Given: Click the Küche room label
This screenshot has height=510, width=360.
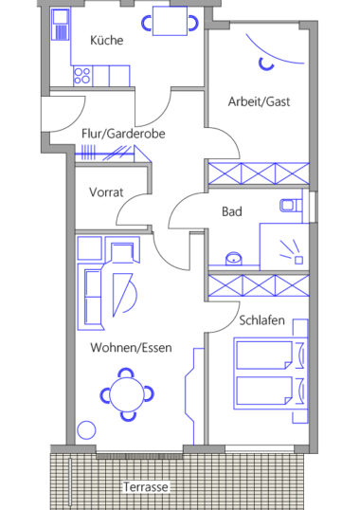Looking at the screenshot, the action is pyautogui.click(x=106, y=41).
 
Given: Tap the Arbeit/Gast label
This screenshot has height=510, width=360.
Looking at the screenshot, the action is pyautogui.click(x=259, y=101).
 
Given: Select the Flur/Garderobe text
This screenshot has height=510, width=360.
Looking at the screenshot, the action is pyautogui.click(x=123, y=134).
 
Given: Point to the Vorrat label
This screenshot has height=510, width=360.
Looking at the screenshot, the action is pyautogui.click(x=106, y=192).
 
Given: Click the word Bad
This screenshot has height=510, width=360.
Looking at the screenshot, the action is pyautogui.click(x=232, y=211).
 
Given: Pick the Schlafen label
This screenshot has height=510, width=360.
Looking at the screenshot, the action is pyautogui.click(x=261, y=320).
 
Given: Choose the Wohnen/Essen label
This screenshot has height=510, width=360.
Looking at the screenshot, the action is pyautogui.click(x=131, y=348).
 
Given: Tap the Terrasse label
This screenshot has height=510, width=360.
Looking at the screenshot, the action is pyautogui.click(x=146, y=487).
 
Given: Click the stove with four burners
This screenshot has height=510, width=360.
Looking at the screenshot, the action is pyautogui.click(x=82, y=76).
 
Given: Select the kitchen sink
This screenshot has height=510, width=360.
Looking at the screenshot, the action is pyautogui.click(x=61, y=25).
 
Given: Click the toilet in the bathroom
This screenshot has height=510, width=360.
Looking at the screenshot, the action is pyautogui.click(x=291, y=206).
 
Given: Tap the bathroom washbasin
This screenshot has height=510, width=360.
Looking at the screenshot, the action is pyautogui.click(x=234, y=258).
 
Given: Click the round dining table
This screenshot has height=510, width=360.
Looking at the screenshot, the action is pyautogui.click(x=127, y=395).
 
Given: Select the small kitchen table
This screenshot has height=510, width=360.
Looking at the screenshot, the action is pyautogui.click(x=170, y=22).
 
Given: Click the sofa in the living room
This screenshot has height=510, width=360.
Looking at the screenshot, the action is pyautogui.click(x=93, y=297).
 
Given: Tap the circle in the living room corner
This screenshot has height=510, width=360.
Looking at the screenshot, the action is pyautogui.click(x=86, y=430).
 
